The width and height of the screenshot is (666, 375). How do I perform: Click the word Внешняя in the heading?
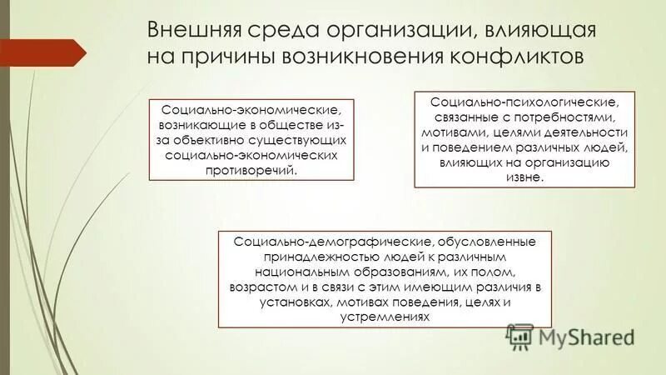pyautogui.click(x=194, y=31)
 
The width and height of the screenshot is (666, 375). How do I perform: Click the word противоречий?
pyautogui.click(x=251, y=171)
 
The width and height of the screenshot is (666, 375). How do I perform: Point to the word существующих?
pyautogui.click(x=301, y=141)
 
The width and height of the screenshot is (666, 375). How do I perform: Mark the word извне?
pyautogui.click(x=524, y=177)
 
